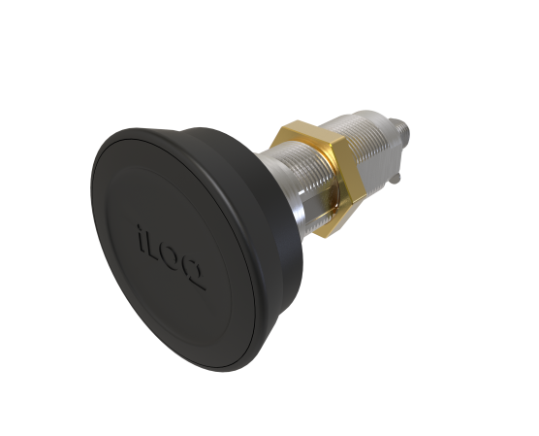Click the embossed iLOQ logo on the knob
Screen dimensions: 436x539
point(167,249)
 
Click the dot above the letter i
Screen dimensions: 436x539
point(135,225)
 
